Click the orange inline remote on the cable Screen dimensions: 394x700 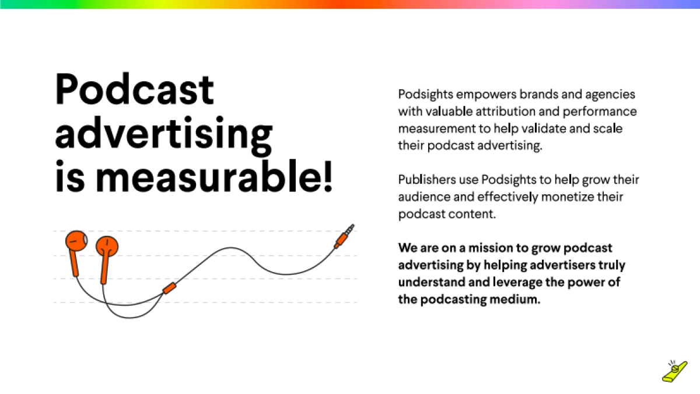(170, 287)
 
